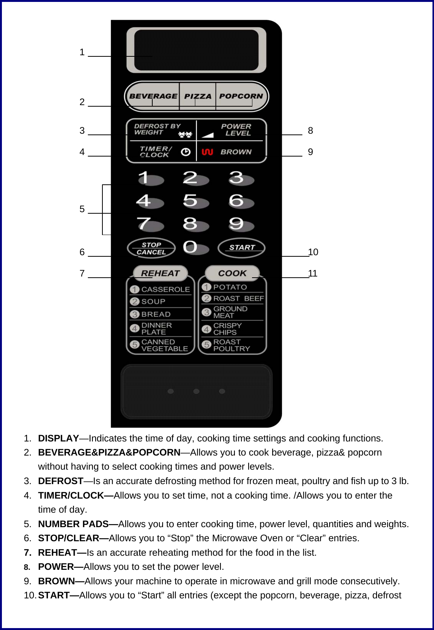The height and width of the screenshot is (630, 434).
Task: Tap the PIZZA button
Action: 198,96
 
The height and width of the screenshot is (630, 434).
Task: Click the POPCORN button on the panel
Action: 241,96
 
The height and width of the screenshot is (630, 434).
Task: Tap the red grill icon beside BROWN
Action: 207,152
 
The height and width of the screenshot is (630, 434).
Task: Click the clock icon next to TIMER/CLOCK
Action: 185,152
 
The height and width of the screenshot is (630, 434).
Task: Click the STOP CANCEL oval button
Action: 151,248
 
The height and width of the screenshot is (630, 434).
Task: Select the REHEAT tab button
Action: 160,273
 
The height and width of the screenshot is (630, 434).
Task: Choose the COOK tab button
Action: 232,273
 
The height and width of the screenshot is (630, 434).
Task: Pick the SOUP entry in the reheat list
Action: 153,302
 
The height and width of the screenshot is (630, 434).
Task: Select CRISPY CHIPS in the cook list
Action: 227,329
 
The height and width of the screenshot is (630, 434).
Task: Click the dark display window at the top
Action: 196,50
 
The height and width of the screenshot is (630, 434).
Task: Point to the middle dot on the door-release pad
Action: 196,391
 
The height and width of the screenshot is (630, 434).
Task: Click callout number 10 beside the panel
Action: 313,252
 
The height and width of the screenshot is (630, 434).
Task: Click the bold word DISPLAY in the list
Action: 58,438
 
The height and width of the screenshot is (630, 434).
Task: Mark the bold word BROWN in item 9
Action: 56,581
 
